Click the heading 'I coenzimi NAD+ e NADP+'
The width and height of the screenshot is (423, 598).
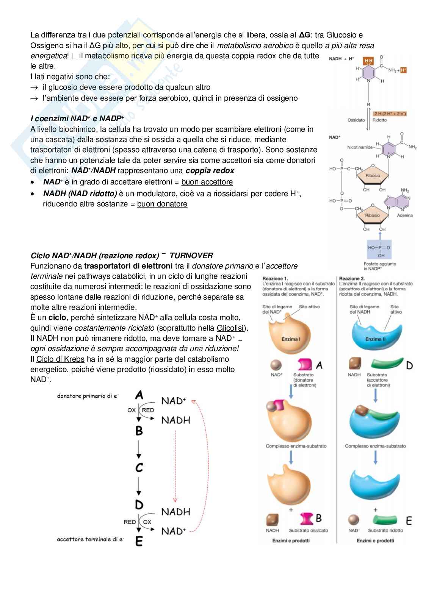[x=77, y=119]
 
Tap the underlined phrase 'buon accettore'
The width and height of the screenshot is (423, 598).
[x=207, y=182]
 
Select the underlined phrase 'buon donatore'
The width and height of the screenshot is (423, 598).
[x=162, y=204]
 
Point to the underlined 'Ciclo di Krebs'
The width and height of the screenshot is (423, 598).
[x=60, y=359]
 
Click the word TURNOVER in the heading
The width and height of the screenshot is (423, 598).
[x=191, y=256]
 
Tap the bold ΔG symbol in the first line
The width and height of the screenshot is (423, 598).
[x=304, y=35]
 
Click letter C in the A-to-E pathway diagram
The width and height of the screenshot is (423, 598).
[x=139, y=467]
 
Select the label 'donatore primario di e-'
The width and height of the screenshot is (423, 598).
[x=88, y=396]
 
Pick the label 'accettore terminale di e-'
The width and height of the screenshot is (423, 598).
[x=90, y=539]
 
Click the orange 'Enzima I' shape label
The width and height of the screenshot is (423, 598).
[x=291, y=339]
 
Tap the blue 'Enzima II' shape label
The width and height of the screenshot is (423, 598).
[x=375, y=339]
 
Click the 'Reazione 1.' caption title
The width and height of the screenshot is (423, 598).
[x=275, y=278]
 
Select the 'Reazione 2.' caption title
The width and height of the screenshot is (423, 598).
[x=352, y=278]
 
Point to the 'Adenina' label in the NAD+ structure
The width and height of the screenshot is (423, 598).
[x=404, y=215]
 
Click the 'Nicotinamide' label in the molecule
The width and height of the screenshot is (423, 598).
[x=360, y=147]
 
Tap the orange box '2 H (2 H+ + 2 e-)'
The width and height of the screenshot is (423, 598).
[x=390, y=114]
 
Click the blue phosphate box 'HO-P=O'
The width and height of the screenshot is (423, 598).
[x=379, y=248]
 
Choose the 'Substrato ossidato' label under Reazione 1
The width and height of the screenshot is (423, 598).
[x=308, y=531]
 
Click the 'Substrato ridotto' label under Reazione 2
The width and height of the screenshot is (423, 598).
[x=385, y=531]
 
